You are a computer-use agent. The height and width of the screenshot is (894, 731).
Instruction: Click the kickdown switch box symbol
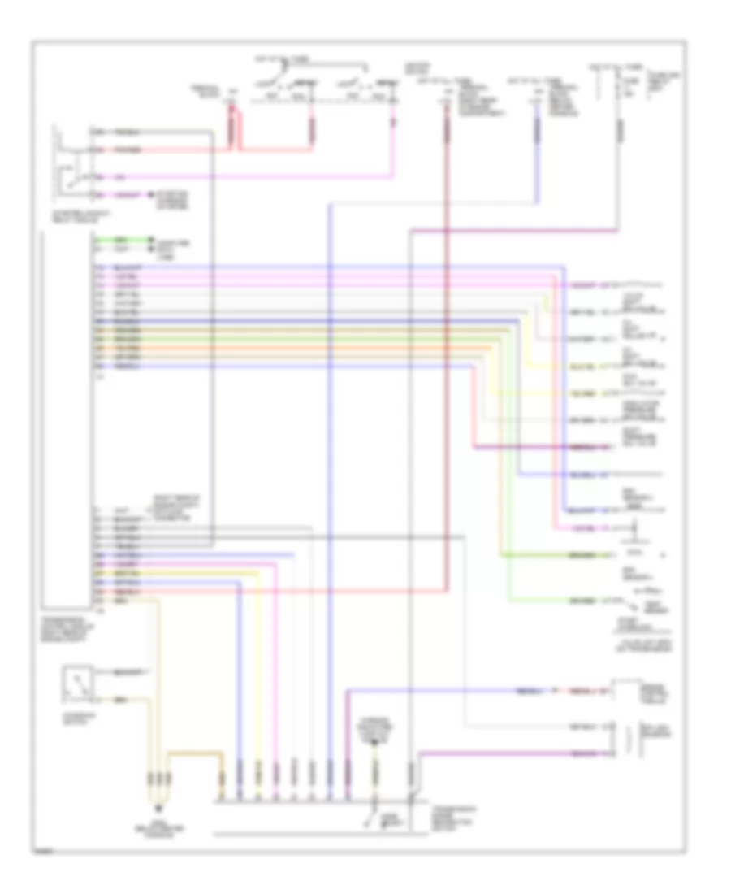[x=77, y=686]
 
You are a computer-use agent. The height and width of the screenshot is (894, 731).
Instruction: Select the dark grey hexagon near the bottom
[x=375, y=739]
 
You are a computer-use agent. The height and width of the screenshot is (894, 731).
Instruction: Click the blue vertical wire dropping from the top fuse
[x=536, y=154]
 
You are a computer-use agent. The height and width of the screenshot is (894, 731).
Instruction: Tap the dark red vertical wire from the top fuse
[x=446, y=325]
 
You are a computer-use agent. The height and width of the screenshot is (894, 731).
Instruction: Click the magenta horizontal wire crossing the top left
[x=244, y=176]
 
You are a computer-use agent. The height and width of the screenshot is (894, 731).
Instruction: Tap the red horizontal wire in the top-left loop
[x=162, y=150]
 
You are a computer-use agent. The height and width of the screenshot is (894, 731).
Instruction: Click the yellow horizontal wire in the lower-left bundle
[x=179, y=573]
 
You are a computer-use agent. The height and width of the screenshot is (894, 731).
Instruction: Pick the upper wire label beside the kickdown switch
[x=130, y=672]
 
